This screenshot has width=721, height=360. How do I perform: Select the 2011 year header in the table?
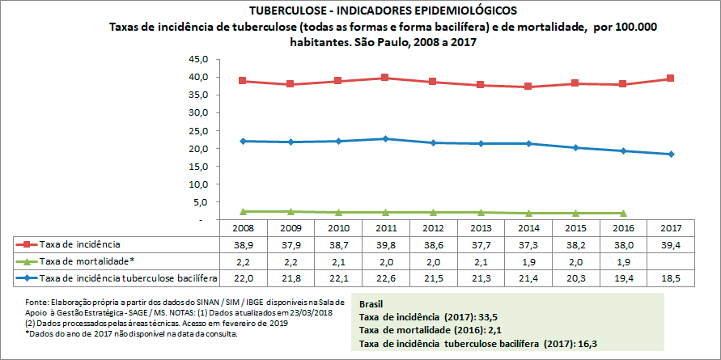(x=386, y=228)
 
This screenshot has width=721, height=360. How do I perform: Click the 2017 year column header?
(x=671, y=228)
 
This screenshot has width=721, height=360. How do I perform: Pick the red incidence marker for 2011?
(x=386, y=78)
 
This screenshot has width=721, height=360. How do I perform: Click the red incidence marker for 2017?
(x=671, y=78)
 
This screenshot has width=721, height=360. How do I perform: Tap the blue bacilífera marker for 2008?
(x=244, y=141)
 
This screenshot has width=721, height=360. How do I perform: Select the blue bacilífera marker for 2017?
(x=671, y=154)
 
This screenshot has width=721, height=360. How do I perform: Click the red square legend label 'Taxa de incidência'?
(x=81, y=244)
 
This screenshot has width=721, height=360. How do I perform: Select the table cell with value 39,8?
(x=386, y=244)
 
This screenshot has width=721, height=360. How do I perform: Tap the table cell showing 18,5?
(x=671, y=279)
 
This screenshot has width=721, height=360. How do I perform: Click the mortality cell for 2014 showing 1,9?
(x=528, y=261)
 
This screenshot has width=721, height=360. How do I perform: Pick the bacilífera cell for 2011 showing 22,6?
(x=386, y=279)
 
